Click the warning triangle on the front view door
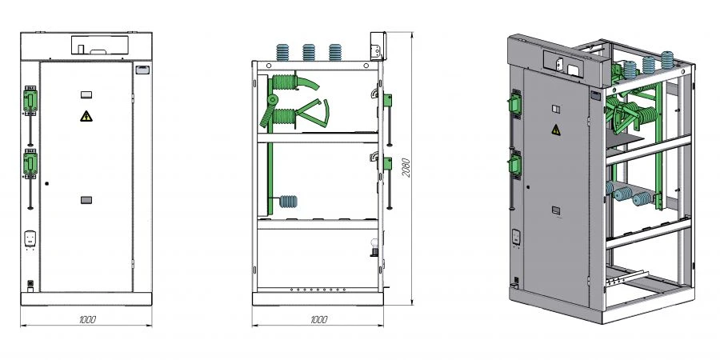click(x=86, y=116)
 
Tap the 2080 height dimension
click(x=406, y=168)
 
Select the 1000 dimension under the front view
click(x=87, y=319)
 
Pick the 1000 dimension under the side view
click(x=318, y=319)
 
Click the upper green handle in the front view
click(x=30, y=101)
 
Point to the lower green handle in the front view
click(x=30, y=163)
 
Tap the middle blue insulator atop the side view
click(x=309, y=52)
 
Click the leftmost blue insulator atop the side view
click(x=282, y=52)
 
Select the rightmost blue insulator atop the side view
click(x=335, y=52)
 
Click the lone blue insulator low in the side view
click(x=288, y=201)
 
